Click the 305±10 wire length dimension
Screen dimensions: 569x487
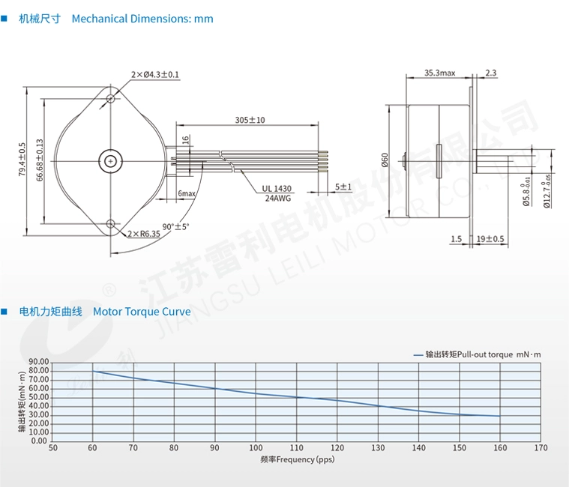pos(250,120)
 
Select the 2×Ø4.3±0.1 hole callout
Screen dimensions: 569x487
pos(155,75)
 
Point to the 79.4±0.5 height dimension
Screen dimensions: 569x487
pos(22,160)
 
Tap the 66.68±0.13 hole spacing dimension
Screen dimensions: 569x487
pos(40,160)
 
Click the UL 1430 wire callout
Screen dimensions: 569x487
pos(277,189)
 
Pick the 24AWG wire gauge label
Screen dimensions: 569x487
pos(278,199)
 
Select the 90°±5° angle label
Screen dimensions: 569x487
pos(175,226)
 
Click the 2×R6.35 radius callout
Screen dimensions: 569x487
pos(144,234)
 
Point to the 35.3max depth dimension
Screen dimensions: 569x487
pos(440,73)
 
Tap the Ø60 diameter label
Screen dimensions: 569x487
pos(385,160)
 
